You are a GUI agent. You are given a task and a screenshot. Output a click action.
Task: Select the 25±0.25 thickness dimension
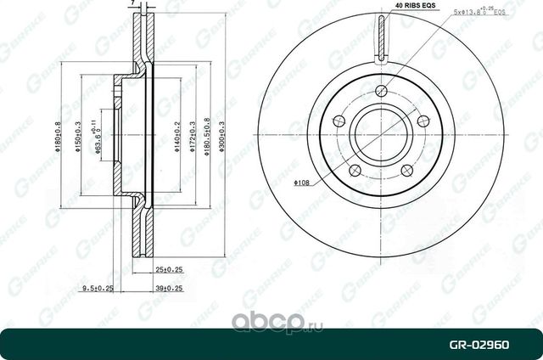tap(169, 270)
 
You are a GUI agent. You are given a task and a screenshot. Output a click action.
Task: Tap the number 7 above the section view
tap(134, 5)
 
